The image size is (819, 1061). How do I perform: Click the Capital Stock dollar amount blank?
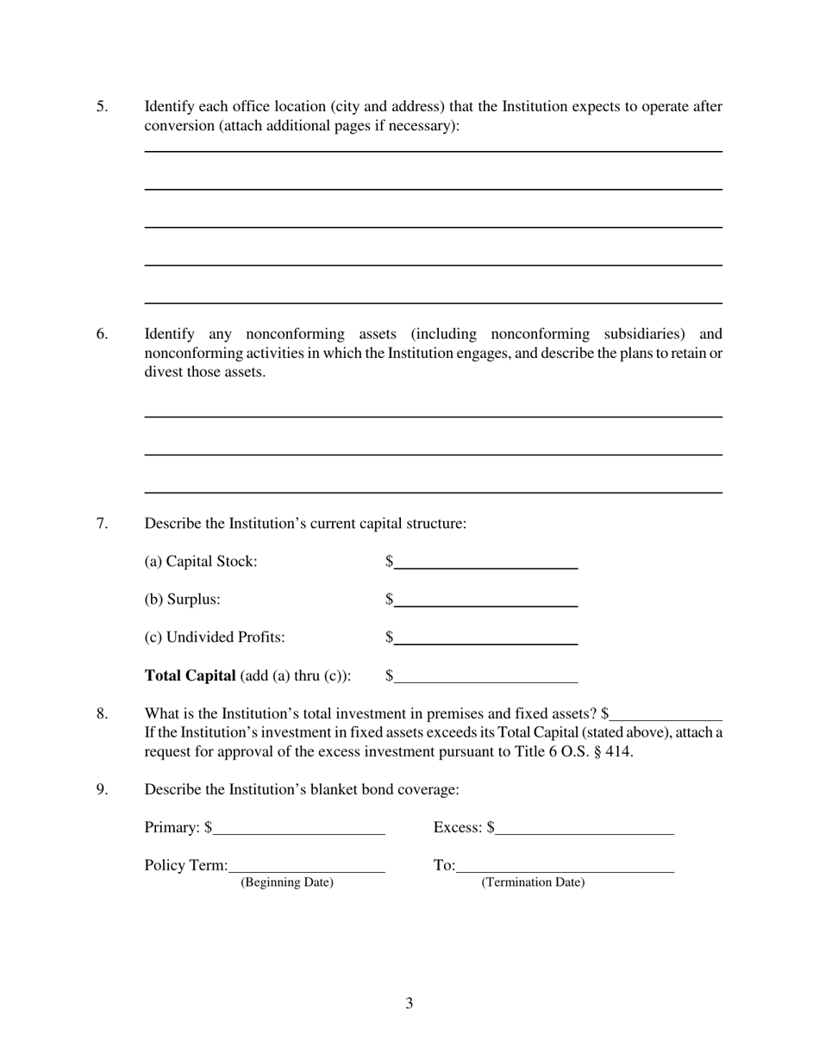[x=485, y=562]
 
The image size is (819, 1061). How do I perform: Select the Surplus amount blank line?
[x=485, y=600]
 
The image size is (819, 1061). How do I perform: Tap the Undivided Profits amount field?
[x=485, y=638]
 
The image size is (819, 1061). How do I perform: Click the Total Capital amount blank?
[x=485, y=676]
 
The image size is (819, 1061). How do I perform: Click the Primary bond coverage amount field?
[x=298, y=828]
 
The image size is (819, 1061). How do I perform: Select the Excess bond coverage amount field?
[x=585, y=828]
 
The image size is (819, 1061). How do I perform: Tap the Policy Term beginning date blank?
[x=307, y=866]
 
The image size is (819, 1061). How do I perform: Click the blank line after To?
[x=565, y=866]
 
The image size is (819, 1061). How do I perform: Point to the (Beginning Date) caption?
[x=287, y=882]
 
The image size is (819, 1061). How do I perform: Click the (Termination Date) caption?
[x=533, y=882]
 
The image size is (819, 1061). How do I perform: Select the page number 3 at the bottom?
[x=409, y=1003]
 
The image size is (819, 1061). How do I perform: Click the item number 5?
[x=102, y=107]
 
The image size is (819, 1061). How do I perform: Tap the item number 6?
[x=102, y=335]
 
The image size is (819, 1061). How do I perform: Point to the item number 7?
[x=102, y=524]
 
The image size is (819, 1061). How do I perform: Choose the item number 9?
[x=102, y=789]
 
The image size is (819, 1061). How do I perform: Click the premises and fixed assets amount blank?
[x=666, y=714]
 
